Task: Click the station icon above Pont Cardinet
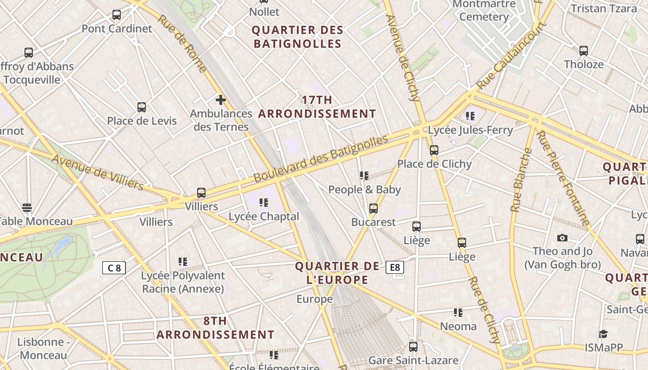click(x=117, y=15)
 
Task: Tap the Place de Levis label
click(x=142, y=121)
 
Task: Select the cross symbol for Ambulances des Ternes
click(x=221, y=99)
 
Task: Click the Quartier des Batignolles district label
click(x=298, y=37)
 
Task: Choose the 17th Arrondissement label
click(x=317, y=107)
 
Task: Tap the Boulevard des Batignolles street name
click(x=321, y=158)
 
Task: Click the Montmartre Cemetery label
click(x=484, y=11)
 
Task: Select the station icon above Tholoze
click(x=584, y=51)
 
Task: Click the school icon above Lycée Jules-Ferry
click(x=471, y=116)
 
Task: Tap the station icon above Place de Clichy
click(x=434, y=150)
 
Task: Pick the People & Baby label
click(x=365, y=190)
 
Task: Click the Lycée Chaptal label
click(x=264, y=216)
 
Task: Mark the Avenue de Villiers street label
click(x=98, y=172)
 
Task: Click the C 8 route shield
click(x=114, y=268)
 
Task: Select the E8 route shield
click(x=394, y=267)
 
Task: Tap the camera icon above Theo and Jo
click(x=562, y=238)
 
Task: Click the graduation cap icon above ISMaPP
click(x=603, y=334)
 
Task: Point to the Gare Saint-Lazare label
click(x=413, y=360)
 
